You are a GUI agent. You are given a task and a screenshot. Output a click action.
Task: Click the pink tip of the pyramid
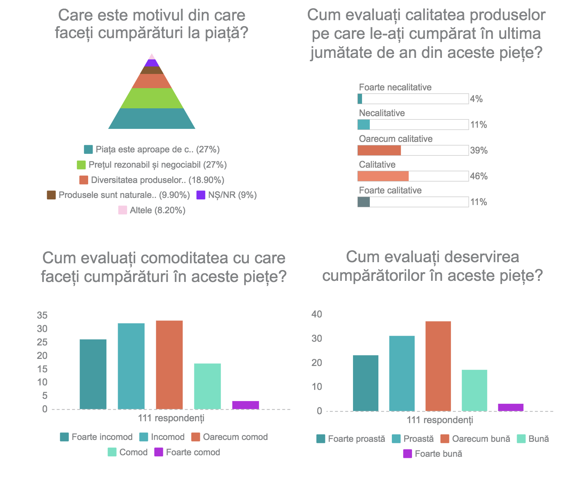pyautogui.click(x=152, y=57)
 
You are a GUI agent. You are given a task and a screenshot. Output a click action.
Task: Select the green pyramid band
pyautogui.click(x=152, y=98)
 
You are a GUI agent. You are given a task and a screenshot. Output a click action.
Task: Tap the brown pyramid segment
pyautogui.click(x=152, y=70)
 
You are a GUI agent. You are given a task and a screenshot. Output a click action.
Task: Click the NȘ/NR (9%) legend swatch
pyautogui.click(x=201, y=195)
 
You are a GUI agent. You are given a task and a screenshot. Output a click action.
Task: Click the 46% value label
pyautogui.click(x=479, y=176)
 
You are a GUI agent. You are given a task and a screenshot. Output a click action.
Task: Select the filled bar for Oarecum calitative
pyautogui.click(x=379, y=151)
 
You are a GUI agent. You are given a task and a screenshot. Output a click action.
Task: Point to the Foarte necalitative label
pyautogui.click(x=395, y=87)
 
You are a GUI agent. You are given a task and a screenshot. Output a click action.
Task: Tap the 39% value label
pyautogui.click(x=479, y=151)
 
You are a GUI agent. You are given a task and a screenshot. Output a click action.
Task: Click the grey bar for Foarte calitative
pyautogui.click(x=363, y=202)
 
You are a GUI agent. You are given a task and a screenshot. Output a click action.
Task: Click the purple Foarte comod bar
pyautogui.click(x=245, y=405)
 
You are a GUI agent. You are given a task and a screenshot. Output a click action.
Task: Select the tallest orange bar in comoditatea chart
pyautogui.click(x=169, y=365)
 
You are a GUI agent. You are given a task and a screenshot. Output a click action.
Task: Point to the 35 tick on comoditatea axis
pyautogui.click(x=43, y=316)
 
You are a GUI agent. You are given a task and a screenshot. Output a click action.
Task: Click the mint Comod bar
pyautogui.click(x=207, y=386)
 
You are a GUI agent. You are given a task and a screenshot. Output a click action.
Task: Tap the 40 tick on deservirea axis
pyautogui.click(x=317, y=314)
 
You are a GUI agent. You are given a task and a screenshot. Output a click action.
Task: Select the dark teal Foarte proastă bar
pyautogui.click(x=365, y=383)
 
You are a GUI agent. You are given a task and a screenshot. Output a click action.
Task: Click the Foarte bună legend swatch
pyautogui.click(x=408, y=454)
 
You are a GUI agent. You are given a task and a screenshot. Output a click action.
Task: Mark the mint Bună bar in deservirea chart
pyautogui.click(x=474, y=390)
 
